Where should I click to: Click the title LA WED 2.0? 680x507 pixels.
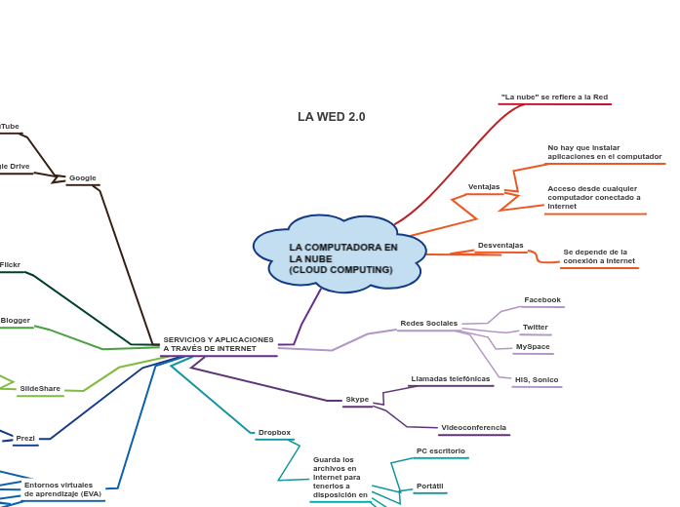332,117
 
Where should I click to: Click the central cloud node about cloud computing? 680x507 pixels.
341,257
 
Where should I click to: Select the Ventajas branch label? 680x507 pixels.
484,186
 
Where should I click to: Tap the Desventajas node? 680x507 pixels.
500,246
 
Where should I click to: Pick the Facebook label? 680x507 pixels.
542,300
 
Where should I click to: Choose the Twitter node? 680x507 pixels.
536,328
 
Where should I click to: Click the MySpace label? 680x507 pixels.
533,347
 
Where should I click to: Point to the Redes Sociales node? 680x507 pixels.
428,323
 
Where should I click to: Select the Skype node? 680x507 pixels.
357,399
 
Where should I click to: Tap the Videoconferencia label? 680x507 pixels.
473,427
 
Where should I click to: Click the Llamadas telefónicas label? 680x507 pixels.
451,378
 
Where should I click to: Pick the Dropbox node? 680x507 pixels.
274,432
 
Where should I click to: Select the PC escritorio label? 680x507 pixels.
441,450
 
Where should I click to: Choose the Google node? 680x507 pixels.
83,178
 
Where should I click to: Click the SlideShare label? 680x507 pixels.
40,388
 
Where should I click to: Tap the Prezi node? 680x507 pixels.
25,439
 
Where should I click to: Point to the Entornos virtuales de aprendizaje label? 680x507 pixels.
62,489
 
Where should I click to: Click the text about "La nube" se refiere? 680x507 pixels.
554,97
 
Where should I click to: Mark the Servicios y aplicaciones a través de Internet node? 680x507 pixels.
219,344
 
